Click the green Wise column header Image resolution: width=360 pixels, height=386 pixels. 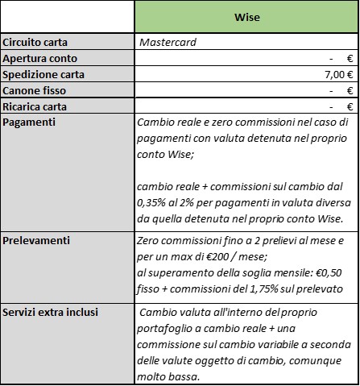click(x=246, y=16)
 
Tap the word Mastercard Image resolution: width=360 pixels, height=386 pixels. click(x=168, y=42)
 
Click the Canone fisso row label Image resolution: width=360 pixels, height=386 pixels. click(x=35, y=90)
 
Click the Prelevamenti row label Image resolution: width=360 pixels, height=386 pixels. click(x=35, y=240)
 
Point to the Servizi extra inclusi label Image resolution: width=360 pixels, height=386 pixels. click(x=50, y=311)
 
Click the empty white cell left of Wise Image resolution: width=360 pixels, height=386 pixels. click(x=68, y=16)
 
